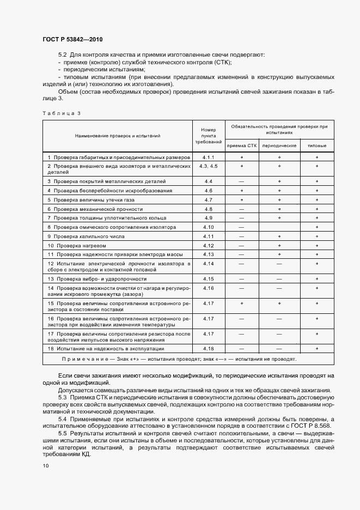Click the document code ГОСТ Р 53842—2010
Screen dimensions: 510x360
[x=72, y=40]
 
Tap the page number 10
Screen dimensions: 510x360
[x=45, y=466]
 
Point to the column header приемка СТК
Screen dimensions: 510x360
[x=241, y=146]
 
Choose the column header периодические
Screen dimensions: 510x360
[x=279, y=146]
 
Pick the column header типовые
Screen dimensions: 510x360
[x=317, y=146]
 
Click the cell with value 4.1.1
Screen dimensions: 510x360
[x=209, y=157]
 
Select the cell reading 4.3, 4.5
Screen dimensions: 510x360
[x=209, y=165]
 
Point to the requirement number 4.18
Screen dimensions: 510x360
[x=209, y=348]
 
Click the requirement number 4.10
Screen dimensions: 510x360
[x=209, y=227]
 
